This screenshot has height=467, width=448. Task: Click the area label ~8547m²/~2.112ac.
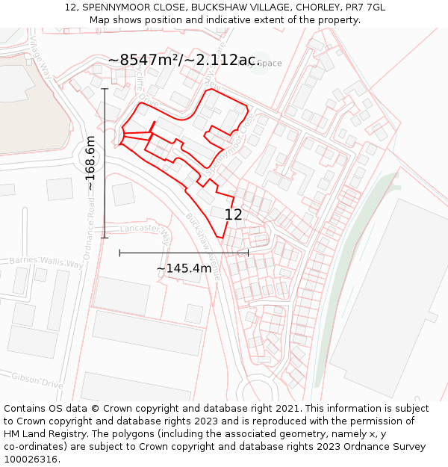184,61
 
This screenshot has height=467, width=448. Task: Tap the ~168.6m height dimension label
91,163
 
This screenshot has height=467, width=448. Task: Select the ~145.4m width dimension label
184,267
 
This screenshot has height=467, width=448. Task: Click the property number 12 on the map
233,214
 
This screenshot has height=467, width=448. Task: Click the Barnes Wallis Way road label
46,262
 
